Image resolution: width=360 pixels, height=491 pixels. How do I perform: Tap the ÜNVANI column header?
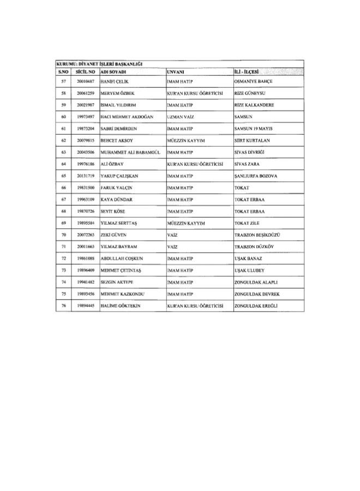point(176,71)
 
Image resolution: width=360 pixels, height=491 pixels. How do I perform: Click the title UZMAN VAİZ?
point(182,117)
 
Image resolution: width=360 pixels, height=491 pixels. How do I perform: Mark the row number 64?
point(64,164)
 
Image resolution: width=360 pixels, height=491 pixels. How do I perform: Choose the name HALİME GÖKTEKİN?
point(121,306)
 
